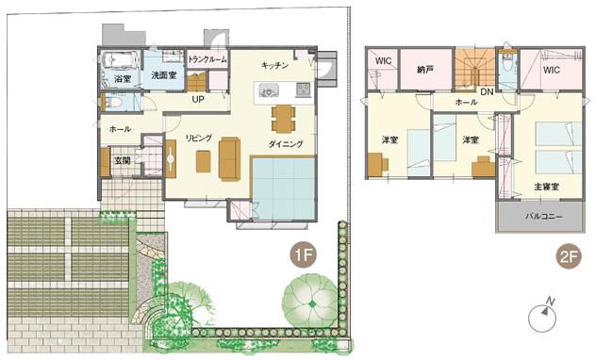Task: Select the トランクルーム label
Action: click(x=207, y=59)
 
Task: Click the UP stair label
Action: click(x=198, y=98)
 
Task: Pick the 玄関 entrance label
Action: click(x=123, y=160)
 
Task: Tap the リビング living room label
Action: click(x=198, y=137)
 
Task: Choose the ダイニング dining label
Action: click(x=286, y=144)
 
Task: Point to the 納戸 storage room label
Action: click(x=425, y=69)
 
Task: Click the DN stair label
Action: click(x=487, y=91)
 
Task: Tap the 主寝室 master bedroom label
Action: click(x=546, y=187)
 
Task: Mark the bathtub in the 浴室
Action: click(x=121, y=62)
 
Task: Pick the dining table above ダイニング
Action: click(x=283, y=117)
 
